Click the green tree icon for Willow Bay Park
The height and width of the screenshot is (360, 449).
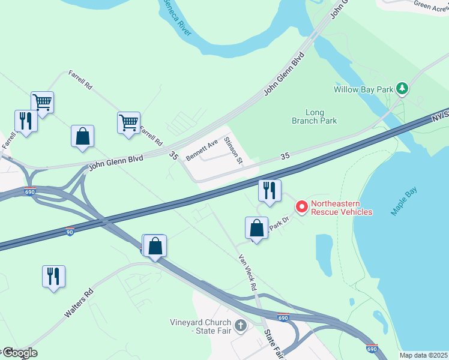(402, 89)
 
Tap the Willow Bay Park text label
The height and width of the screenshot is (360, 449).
(363, 90)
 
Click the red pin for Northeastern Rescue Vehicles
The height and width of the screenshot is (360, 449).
(301, 206)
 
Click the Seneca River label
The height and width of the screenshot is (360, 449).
(176, 19)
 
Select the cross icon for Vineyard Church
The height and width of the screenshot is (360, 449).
(240, 326)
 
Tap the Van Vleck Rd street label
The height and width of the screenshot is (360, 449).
(247, 272)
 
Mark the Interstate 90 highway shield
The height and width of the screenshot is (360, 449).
(71, 231)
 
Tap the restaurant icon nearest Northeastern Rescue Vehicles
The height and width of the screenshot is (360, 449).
(270, 191)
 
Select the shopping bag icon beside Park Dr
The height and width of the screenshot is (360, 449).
(256, 228)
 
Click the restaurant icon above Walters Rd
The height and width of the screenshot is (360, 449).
(53, 276)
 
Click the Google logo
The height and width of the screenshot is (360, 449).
(19, 353)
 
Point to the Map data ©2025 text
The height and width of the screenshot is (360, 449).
(423, 355)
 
